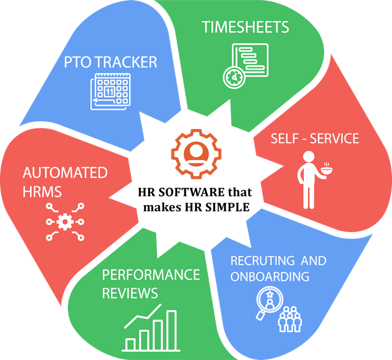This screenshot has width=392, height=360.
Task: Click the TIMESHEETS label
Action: click(x=246, y=28)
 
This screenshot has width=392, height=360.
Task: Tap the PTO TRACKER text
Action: click(x=111, y=62)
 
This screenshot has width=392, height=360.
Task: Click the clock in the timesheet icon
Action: click(x=234, y=78)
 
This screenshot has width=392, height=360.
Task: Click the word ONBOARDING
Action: click(x=269, y=277)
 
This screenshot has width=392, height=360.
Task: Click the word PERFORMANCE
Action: click(x=151, y=274)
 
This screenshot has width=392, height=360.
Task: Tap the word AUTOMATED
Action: click(x=64, y=173)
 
